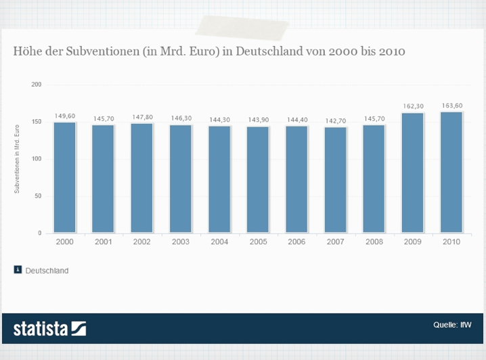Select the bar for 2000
pyautogui.click(x=64, y=177)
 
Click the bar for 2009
pyautogui.click(x=412, y=173)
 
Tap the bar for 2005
pyautogui.click(x=257, y=179)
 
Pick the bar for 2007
pyautogui.click(x=335, y=179)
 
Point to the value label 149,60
pyautogui.click(x=64, y=116)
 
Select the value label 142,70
pyautogui.click(x=335, y=120)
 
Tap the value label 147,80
pyautogui.click(x=141, y=117)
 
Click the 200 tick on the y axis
pyautogui.click(x=37, y=85)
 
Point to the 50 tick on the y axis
pyautogui.click(x=38, y=196)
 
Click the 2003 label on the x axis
pyautogui.click(x=180, y=242)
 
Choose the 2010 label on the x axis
pyautogui.click(x=451, y=242)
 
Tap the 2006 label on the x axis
pyautogui.click(x=296, y=242)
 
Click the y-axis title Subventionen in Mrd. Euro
pyautogui.click(x=17, y=159)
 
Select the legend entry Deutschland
pyautogui.click(x=47, y=271)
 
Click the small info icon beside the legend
pyautogui.click(x=18, y=270)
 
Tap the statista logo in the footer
pyautogui.click(x=49, y=329)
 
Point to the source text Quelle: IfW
pyautogui.click(x=453, y=325)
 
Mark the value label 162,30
pyautogui.click(x=412, y=106)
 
